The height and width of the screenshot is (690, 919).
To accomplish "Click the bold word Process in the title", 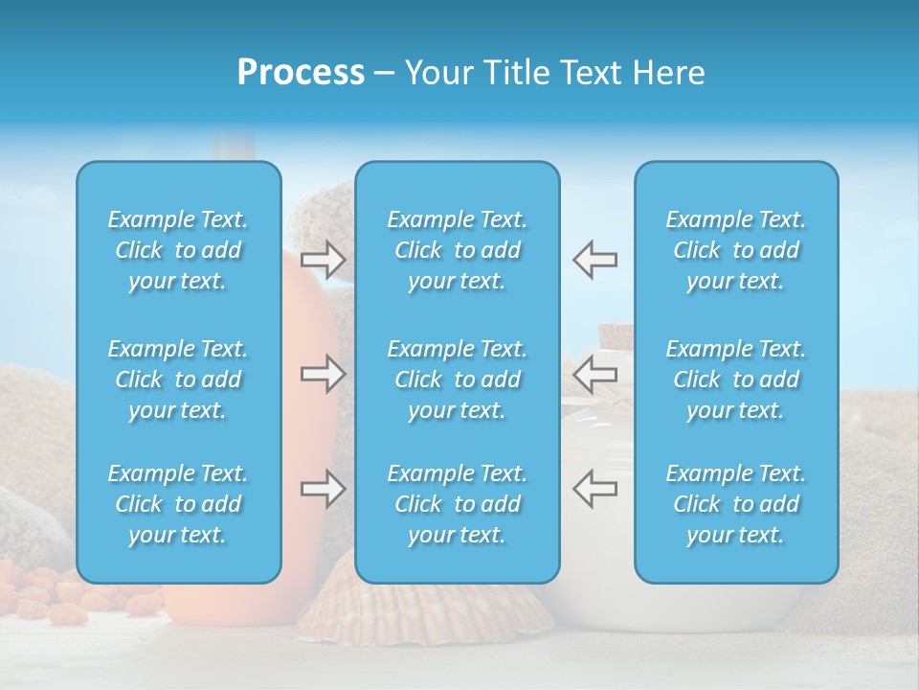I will pos(301,73).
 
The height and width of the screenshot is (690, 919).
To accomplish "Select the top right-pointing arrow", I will pos(323,260).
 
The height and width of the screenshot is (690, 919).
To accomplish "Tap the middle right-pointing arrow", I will pos(323,374).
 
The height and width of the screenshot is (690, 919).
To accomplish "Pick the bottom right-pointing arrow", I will pos(323,489).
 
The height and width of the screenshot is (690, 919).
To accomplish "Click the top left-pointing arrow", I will pos(595,260).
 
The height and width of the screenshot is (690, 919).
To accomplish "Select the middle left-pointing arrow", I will pos(595,374).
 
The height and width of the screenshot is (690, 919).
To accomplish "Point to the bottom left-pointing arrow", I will pos(595,489).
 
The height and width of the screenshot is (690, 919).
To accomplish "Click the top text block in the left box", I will pos(178,250).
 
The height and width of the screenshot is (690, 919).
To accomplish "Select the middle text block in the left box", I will pos(178,379).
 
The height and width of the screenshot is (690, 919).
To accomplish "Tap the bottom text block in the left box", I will pos(178,504).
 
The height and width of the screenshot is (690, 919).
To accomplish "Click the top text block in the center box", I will pos(457,250).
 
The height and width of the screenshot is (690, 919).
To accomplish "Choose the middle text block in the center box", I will pos(457,379).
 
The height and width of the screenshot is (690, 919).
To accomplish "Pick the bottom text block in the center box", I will pos(457,504).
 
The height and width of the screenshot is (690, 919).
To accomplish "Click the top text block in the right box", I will pos(735,250).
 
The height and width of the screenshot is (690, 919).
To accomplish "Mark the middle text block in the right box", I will pos(735,379).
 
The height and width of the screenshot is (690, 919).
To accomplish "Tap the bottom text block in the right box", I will pos(735,504).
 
